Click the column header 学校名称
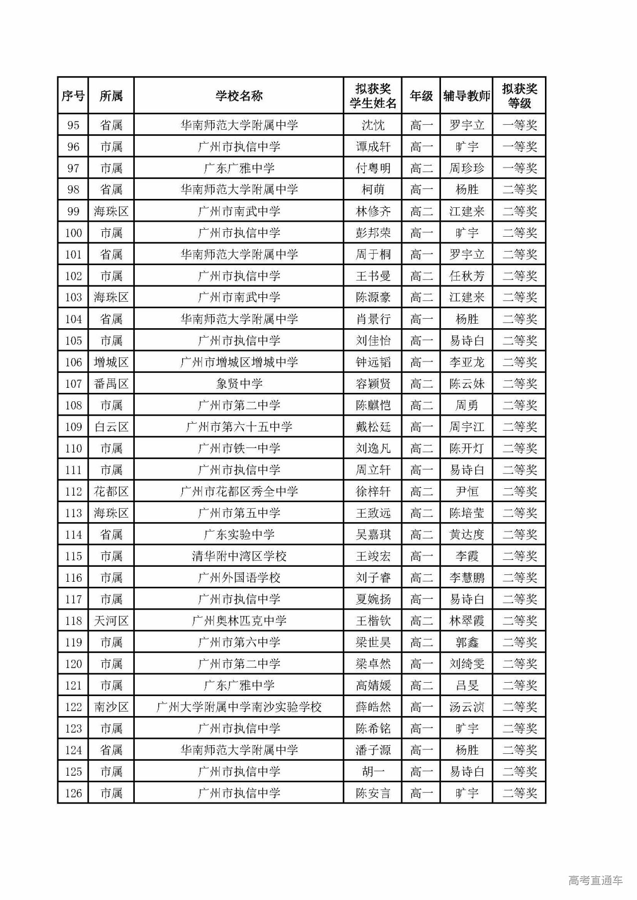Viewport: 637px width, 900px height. [x=239, y=96]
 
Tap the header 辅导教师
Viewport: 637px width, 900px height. [x=466, y=96]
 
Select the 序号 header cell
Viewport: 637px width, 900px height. [x=73, y=96]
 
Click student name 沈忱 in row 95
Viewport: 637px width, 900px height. [x=373, y=125]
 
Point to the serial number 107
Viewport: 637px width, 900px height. [x=73, y=384]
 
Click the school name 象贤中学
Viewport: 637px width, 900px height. [x=239, y=384]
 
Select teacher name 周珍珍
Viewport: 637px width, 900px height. [x=466, y=168]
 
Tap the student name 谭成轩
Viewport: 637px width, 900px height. [x=373, y=147]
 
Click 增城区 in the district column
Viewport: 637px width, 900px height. [x=111, y=362]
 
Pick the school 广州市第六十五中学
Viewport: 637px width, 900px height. [x=239, y=427]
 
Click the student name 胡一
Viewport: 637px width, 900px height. [x=373, y=772]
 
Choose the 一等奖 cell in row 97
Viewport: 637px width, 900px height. [x=520, y=168]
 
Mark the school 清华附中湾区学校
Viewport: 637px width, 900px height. [x=239, y=556]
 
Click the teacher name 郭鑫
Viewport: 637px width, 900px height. [x=466, y=642]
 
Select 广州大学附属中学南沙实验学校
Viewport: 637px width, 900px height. [x=239, y=707]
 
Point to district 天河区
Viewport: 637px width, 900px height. [x=111, y=621]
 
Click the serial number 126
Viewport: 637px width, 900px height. [x=73, y=793]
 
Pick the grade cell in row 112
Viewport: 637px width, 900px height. [x=421, y=491]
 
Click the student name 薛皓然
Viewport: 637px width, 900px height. [x=373, y=707]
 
